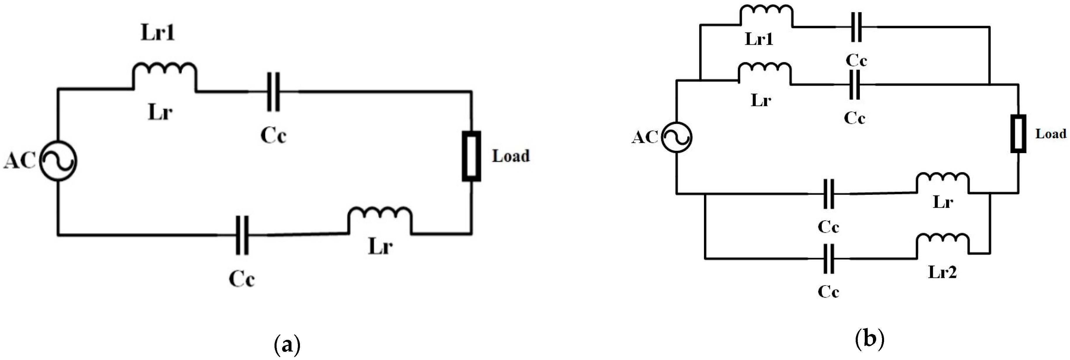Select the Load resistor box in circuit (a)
(x=472, y=156)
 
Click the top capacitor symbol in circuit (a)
(x=273, y=92)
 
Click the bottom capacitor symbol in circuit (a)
(x=242, y=235)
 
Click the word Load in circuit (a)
(x=511, y=156)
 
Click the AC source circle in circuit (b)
(x=676, y=137)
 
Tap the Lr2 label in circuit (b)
(x=942, y=272)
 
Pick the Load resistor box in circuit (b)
(x=1018, y=134)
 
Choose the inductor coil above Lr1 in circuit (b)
(x=766, y=15)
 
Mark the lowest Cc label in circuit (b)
(x=828, y=292)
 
